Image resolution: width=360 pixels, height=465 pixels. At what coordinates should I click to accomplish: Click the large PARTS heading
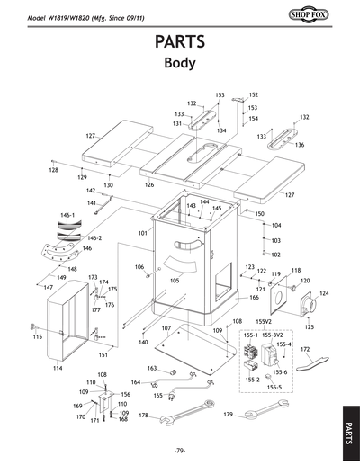click(180, 42)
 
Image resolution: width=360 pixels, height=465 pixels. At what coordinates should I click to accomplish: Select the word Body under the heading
click(180, 64)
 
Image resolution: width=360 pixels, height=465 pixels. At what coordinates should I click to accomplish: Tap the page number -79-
click(180, 450)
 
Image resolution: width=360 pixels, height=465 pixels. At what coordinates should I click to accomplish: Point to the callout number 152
click(253, 94)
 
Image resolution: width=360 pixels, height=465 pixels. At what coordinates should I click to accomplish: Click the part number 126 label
click(149, 184)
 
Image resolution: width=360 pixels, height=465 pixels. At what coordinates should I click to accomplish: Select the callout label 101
click(141, 233)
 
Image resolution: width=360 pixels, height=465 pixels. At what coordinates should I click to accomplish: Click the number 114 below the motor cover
click(58, 369)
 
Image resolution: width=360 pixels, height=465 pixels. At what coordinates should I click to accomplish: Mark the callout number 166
click(254, 297)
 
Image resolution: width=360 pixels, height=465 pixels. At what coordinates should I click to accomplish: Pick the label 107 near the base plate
click(166, 328)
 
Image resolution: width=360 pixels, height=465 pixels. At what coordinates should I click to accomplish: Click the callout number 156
click(125, 394)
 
